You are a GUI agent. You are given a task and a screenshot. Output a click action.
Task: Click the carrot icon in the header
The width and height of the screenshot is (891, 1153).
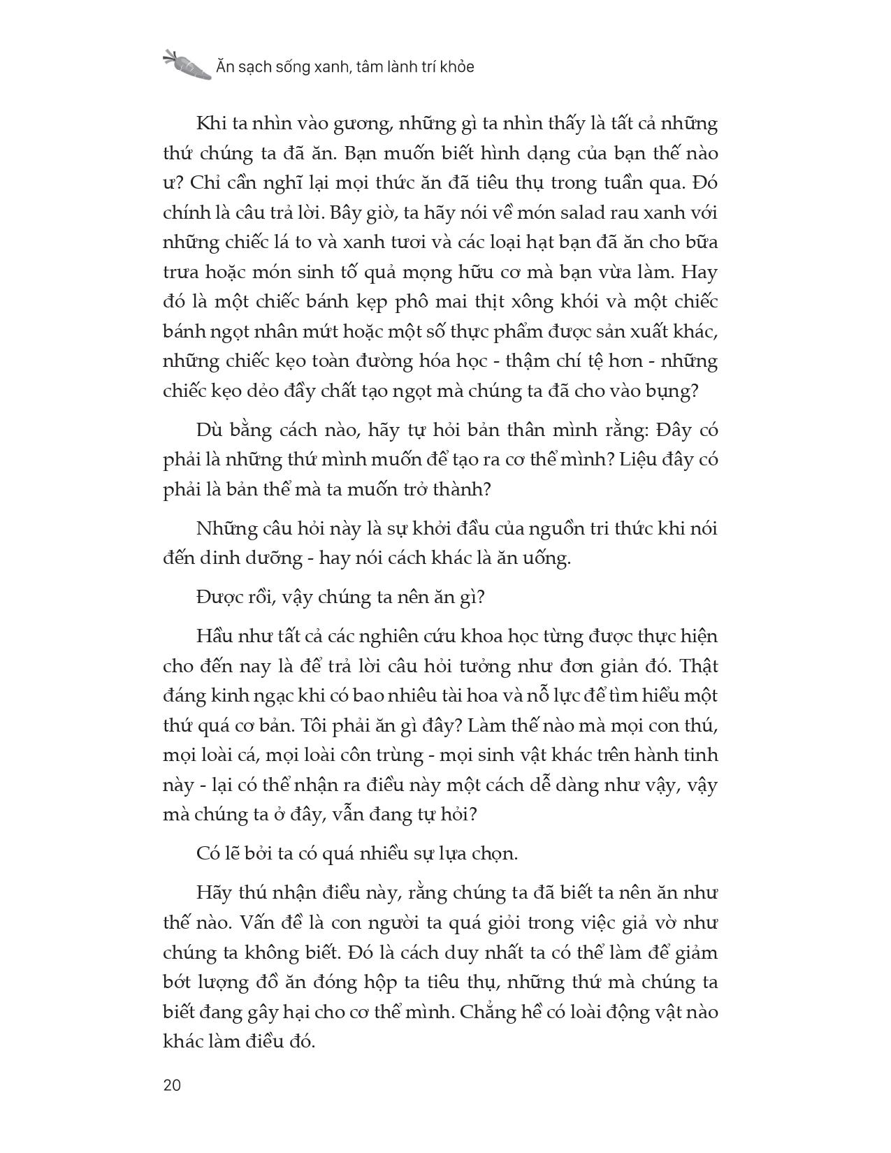pyautogui.click(x=187, y=64)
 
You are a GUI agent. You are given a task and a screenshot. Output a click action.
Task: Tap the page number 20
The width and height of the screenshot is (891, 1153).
pyautogui.click(x=171, y=1085)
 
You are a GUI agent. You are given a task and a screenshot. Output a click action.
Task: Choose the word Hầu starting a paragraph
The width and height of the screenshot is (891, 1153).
pyautogui.click(x=217, y=637)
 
